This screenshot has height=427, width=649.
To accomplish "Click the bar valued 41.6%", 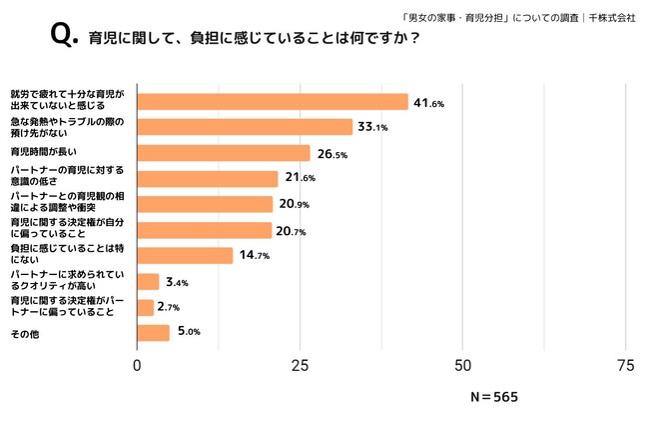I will pyautogui.click(x=272, y=101).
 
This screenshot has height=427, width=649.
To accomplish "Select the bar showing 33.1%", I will pyautogui.click(x=244, y=127).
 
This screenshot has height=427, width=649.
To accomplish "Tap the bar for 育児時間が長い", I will pyautogui.click(x=223, y=153).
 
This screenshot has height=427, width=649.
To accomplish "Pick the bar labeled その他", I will pyautogui.click(x=153, y=333).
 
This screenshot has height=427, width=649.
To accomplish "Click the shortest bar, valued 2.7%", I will pyautogui.click(x=145, y=307).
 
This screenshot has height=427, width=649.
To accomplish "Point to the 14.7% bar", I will pyautogui.click(x=184, y=255).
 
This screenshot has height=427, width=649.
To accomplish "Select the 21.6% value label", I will pyautogui.click(x=299, y=179).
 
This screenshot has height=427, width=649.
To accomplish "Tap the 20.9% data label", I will pyautogui.click(x=294, y=204).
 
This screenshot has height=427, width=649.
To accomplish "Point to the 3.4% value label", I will pyautogui.click(x=176, y=283).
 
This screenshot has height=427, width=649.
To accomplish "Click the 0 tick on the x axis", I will pyautogui.click(x=137, y=365).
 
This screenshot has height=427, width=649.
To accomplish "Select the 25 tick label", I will pyautogui.click(x=300, y=365).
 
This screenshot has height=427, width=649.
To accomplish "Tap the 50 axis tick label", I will pyautogui.click(x=462, y=365).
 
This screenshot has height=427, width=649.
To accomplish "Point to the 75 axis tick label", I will pyautogui.click(x=625, y=365).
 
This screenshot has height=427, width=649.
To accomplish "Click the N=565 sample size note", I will pyautogui.click(x=494, y=397).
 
